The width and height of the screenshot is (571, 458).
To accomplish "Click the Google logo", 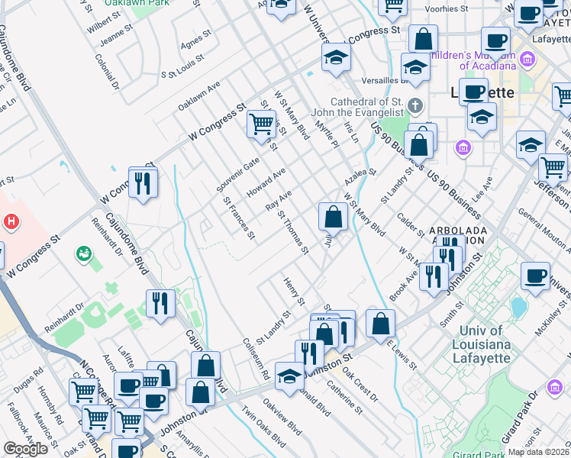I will click(x=25, y=449).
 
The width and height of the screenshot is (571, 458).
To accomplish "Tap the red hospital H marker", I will click(x=11, y=222).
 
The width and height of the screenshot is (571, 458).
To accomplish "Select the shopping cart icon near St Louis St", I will click(x=261, y=124).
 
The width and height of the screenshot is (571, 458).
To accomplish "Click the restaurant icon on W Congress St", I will click(x=143, y=183).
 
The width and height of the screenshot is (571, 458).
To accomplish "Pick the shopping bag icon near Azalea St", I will click(x=333, y=218).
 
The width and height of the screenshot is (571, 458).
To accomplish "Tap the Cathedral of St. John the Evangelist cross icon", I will click(x=415, y=105).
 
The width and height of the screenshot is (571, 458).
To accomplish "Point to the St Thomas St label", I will click(x=293, y=232).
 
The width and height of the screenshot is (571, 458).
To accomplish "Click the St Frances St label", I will click(x=238, y=218).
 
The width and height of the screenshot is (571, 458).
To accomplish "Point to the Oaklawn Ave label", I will click(x=199, y=95).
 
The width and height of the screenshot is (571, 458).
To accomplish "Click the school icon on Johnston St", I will click(x=289, y=376).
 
